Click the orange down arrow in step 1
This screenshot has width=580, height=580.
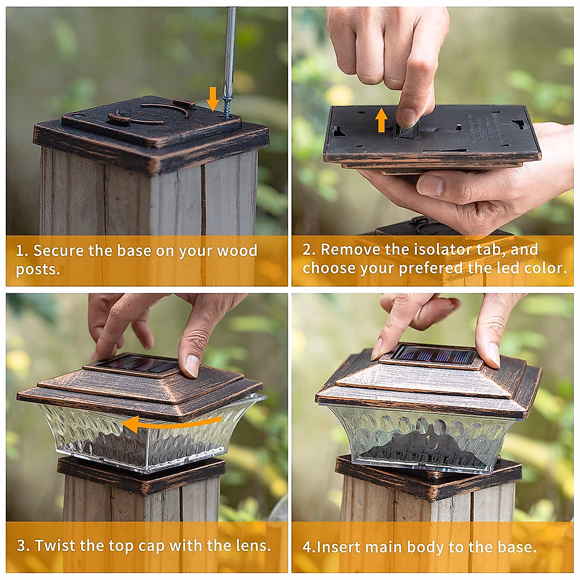(x=212, y=99)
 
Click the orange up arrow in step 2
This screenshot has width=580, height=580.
(x=381, y=120)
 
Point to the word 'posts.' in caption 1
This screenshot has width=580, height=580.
(x=38, y=269)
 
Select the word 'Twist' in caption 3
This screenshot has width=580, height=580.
(x=55, y=546)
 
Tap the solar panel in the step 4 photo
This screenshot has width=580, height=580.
(x=434, y=355)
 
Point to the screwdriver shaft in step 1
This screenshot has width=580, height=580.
(x=230, y=48)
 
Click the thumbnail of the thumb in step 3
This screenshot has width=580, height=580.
(x=192, y=365)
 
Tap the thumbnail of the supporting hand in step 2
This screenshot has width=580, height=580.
(x=429, y=185)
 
